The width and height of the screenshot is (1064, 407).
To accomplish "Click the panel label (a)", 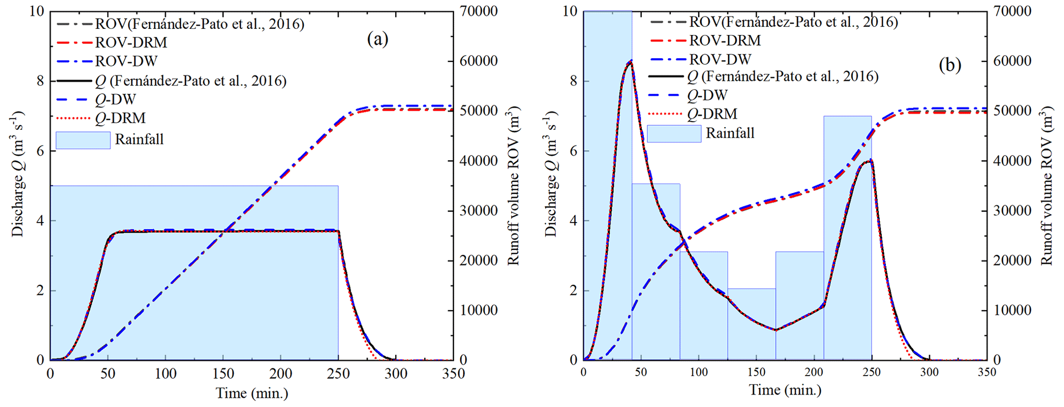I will [377, 39].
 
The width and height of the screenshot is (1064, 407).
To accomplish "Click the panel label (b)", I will [950, 65].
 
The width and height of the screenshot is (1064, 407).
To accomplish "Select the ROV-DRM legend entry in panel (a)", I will [131, 42].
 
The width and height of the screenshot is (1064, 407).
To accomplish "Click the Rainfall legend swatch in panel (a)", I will [83, 140].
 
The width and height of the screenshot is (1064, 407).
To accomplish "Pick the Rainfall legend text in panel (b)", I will [729, 133].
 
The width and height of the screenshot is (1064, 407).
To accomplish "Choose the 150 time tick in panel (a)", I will [223, 374].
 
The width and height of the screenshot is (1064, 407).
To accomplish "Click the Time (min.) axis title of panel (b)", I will [785, 390].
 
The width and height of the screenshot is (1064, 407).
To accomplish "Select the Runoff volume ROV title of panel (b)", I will [1047, 185].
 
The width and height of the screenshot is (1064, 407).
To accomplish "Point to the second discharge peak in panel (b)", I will [869, 161].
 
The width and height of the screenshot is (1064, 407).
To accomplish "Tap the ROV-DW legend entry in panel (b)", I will [720, 59].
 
